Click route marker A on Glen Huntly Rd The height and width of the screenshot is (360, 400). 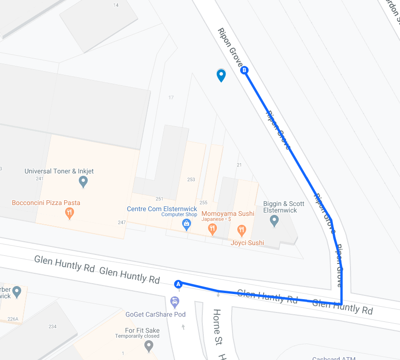tap(178, 284)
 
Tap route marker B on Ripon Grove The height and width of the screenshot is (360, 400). tap(244, 71)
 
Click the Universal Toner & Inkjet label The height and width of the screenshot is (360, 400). tap(59, 172)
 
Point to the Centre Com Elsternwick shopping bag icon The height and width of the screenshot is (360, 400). tap(187, 224)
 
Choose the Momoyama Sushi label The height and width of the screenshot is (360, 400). tap(228, 213)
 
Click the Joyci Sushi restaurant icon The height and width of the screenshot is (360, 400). tap(242, 230)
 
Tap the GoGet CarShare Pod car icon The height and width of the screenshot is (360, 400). tap(175, 302)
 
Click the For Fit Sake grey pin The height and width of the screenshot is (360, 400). tap(149, 346)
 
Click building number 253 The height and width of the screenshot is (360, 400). tap(191, 180)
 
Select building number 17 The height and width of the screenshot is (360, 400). tap(171, 98)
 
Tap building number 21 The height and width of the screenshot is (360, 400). tap(239, 165)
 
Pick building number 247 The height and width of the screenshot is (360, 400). tap(122, 222)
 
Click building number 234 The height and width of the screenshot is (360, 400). tap(52, 327)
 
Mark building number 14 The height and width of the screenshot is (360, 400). tap(116, 5)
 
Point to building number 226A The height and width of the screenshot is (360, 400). tap(13, 319)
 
